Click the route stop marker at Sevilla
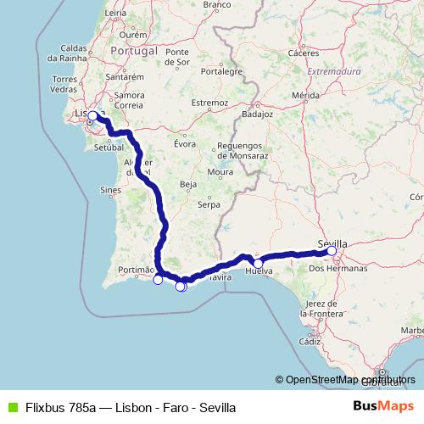[332, 251]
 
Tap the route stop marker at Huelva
[258, 263]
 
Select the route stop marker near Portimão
[158, 280]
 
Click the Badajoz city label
[256, 112]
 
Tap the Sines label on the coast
[111, 192]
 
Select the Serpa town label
[209, 204]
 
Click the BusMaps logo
[384, 405]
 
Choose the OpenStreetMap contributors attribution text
[345, 379]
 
